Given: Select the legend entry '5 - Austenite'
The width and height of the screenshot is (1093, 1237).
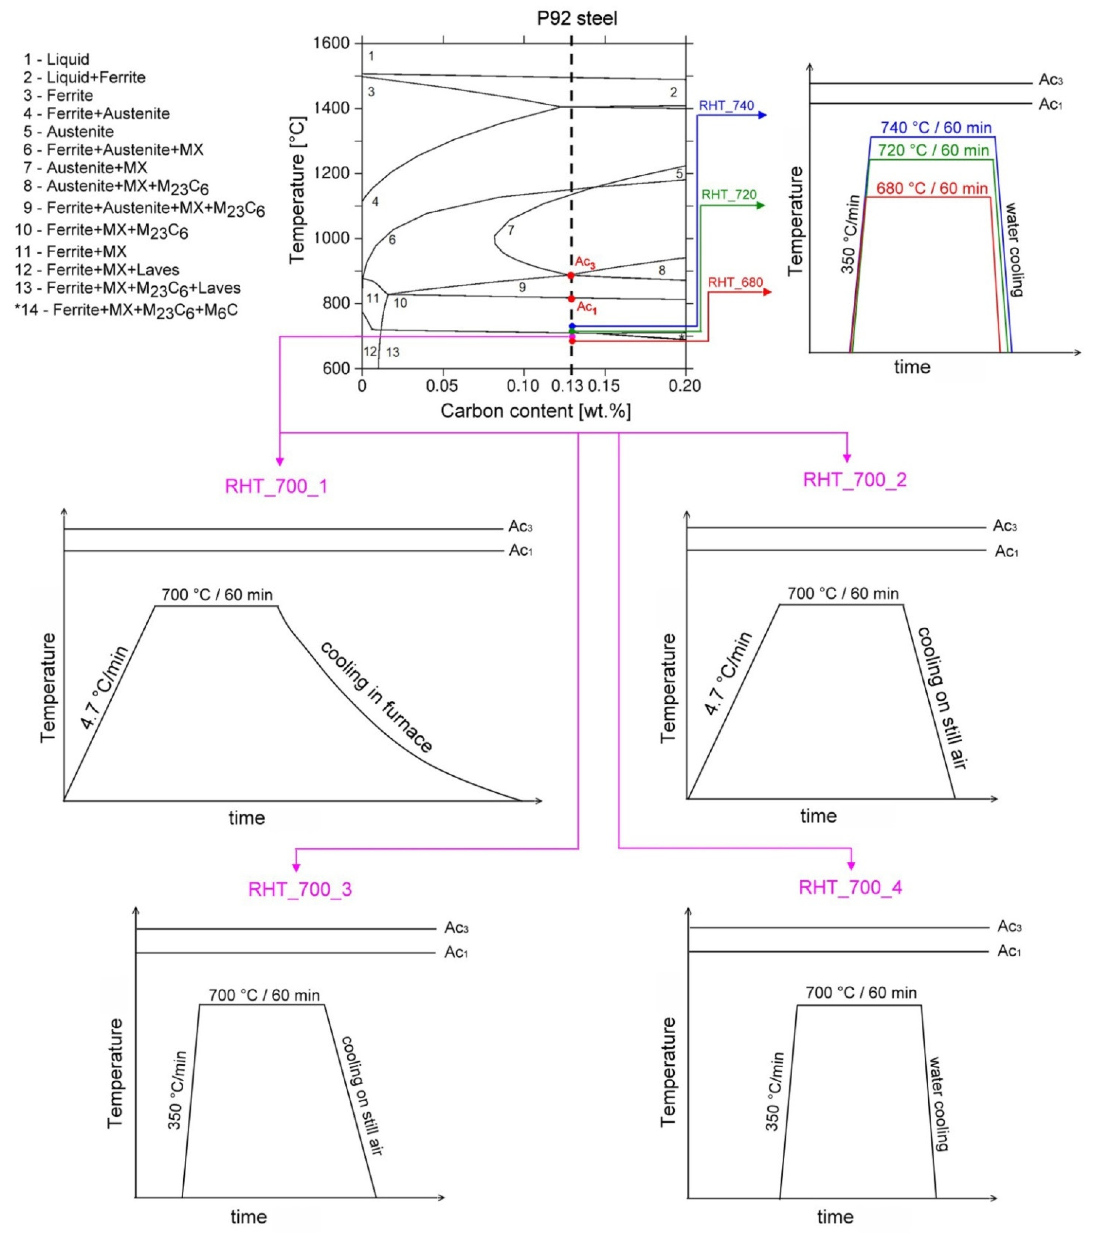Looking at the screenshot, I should [68, 131].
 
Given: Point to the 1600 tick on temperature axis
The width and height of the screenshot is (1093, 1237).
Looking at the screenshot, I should [332, 43].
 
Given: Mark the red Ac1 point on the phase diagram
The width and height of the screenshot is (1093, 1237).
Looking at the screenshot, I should [571, 298].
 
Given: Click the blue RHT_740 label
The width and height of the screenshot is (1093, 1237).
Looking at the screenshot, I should [726, 105].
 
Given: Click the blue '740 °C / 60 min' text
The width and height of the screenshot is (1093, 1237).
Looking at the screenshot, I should [936, 128].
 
